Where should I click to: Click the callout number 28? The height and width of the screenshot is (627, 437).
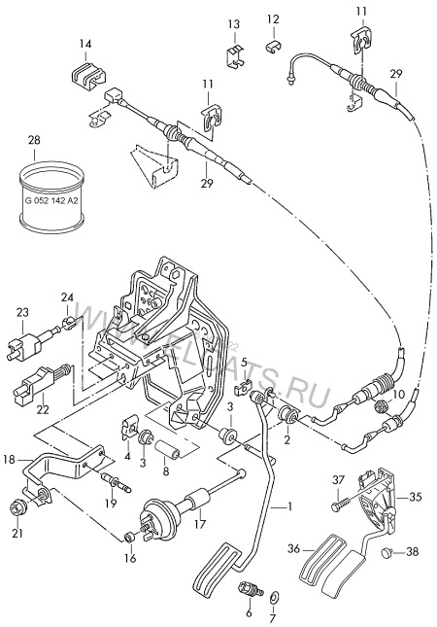pyautogui.click(x=34, y=141)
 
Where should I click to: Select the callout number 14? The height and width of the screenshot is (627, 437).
pyautogui.click(x=85, y=45)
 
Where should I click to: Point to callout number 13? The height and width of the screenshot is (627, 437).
pyautogui.click(x=233, y=23)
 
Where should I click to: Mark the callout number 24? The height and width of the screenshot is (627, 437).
pyautogui.click(x=67, y=297)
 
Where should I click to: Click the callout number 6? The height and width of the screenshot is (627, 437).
pyautogui.click(x=248, y=612)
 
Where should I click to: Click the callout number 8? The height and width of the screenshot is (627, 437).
pyautogui.click(x=166, y=471)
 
